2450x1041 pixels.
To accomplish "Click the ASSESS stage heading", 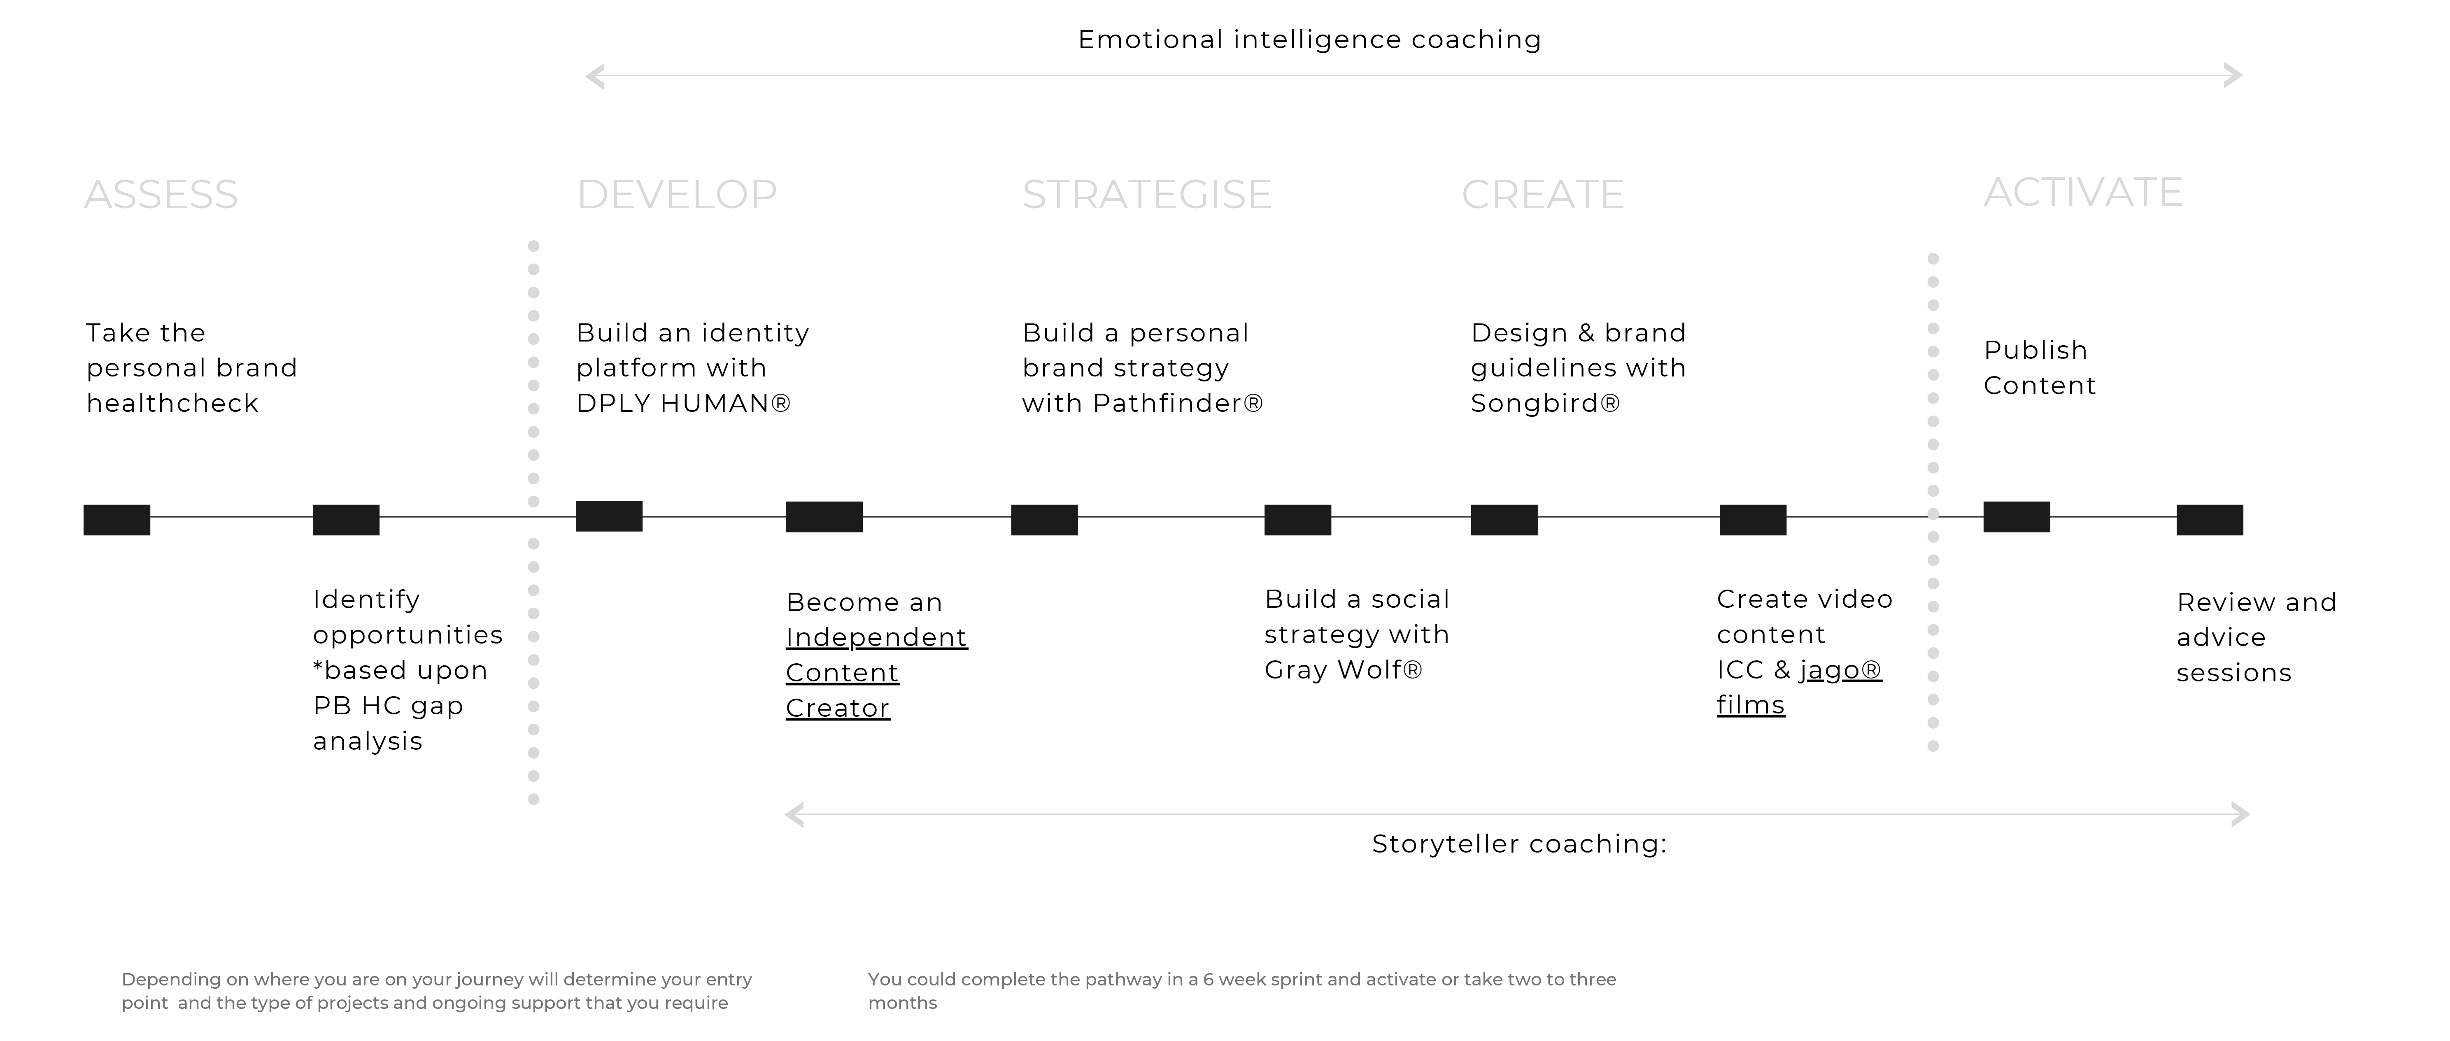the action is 161,195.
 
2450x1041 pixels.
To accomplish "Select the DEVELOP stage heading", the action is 677,195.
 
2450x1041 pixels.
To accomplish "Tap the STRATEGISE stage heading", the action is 1147,195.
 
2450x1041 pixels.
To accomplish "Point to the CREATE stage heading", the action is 1543,195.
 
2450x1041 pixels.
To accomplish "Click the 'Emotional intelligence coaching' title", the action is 1310,40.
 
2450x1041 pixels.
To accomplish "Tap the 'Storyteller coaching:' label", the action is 1519,844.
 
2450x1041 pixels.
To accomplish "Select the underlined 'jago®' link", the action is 1840,670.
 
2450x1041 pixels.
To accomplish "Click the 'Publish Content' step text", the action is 2040,368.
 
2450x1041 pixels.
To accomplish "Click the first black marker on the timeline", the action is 117,520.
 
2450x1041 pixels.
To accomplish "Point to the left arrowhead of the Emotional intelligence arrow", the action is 594,76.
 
